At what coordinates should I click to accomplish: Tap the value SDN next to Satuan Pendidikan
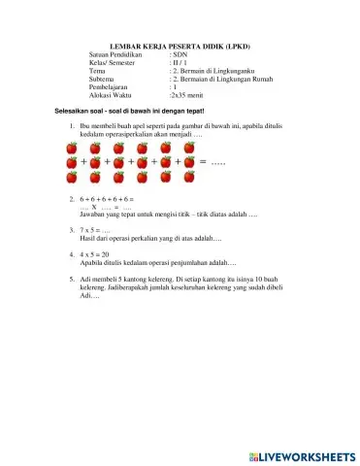(181, 56)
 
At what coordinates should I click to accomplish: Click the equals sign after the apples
(203, 161)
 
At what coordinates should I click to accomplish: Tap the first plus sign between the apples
(84, 162)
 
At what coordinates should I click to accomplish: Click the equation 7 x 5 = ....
(95, 230)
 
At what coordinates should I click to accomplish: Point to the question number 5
(73, 279)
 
